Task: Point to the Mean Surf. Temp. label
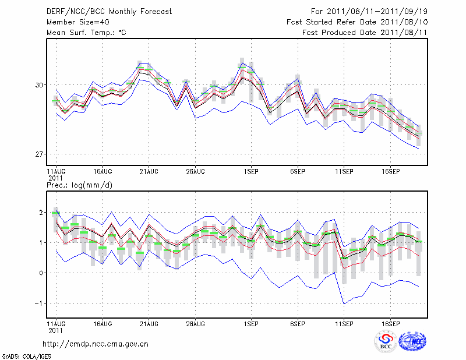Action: (x=86, y=33)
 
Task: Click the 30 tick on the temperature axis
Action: (x=40, y=85)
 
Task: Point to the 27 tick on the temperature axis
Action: (x=40, y=154)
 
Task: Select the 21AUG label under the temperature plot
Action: (x=149, y=172)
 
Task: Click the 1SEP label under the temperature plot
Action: (x=251, y=172)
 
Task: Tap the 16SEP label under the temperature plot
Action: (x=391, y=172)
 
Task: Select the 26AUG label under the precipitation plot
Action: (x=195, y=323)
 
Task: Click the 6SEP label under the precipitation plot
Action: (x=298, y=323)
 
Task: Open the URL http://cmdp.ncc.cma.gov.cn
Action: (x=96, y=344)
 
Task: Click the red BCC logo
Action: (x=385, y=341)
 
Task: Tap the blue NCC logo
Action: (x=412, y=341)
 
